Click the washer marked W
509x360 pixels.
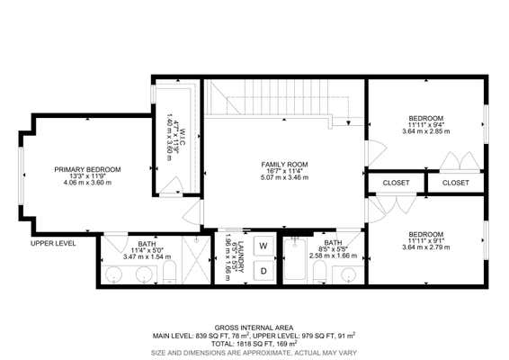click(263, 246)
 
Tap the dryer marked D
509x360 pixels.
click(263, 271)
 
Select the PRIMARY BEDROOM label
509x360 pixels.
click(87, 169)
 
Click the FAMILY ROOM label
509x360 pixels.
click(284, 165)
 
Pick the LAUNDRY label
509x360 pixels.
click(240, 256)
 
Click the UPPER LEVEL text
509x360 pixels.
click(53, 243)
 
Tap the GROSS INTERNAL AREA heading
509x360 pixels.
click(254, 328)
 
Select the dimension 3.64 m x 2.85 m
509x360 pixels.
click(426, 131)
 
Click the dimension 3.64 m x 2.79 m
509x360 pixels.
click(426, 247)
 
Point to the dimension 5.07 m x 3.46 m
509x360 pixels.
click(284, 177)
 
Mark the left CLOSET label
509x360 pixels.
click(396, 183)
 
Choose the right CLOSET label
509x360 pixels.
click(456, 183)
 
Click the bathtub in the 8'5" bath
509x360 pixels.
click(295, 259)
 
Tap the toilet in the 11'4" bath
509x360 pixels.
click(169, 273)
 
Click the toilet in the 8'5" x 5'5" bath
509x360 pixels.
click(320, 272)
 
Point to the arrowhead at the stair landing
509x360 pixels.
click(348, 123)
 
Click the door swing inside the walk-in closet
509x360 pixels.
click(172, 185)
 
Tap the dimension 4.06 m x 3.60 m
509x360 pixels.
click(87, 183)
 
